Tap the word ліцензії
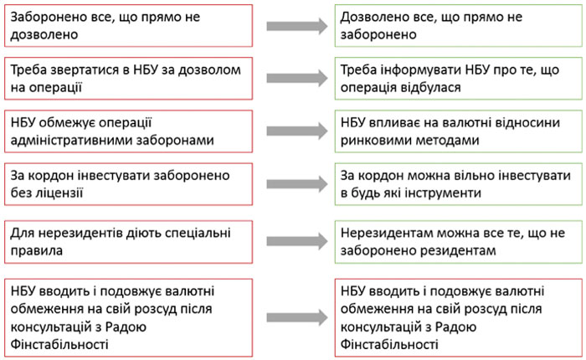(x=59, y=193)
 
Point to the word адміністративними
(x=69, y=141)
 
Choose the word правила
(x=37, y=251)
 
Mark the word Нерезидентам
(x=387, y=234)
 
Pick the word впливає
(x=403, y=122)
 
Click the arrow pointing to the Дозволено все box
(x=297, y=26)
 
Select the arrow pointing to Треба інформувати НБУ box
(x=297, y=78)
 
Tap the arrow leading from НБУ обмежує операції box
(x=297, y=131)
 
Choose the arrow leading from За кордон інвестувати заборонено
(x=297, y=184)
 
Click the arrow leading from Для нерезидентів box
(x=297, y=241)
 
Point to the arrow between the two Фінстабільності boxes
(x=297, y=318)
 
